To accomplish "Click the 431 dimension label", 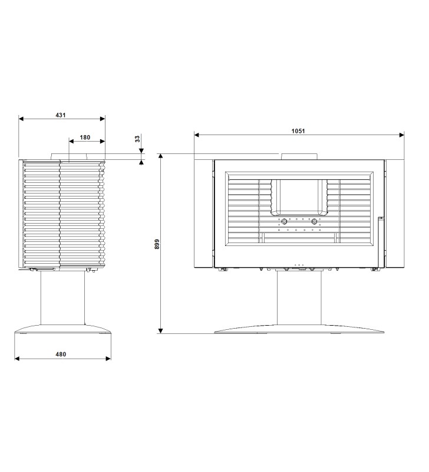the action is (x=61, y=115).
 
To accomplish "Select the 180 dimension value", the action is (x=85, y=137).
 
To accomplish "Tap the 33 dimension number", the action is (x=137, y=139).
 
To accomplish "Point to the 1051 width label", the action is (x=298, y=131).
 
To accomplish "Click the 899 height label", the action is (x=157, y=244).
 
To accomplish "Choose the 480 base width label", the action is (x=61, y=355).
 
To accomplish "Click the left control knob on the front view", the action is (x=284, y=222).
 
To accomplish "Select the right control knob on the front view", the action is (x=315, y=222).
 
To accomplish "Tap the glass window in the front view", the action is (x=299, y=196).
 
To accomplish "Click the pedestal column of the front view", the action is (x=299, y=297).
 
